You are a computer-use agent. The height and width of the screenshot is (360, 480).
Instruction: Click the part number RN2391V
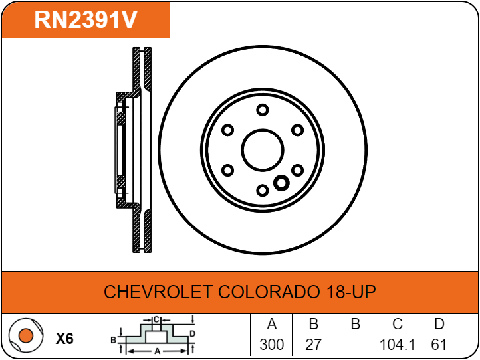point(86,19)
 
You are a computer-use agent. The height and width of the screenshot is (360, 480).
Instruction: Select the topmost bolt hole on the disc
point(263,110)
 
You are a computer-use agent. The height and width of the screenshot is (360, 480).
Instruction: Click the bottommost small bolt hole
point(263,190)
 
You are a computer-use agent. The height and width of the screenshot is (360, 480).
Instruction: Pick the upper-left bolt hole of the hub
point(227,130)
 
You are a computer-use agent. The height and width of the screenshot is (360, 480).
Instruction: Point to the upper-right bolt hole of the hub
point(297,130)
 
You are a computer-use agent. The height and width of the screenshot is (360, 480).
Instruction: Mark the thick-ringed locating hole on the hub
point(281,183)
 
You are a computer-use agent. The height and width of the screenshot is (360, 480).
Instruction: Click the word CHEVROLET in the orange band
point(158,292)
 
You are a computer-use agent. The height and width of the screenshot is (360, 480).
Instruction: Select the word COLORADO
point(267,292)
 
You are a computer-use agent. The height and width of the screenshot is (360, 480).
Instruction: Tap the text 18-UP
point(349,292)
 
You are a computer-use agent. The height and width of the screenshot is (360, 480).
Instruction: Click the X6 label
point(64,339)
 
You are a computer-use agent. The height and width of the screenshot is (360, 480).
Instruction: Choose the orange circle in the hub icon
point(26,335)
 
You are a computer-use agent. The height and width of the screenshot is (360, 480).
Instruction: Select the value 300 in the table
point(271,345)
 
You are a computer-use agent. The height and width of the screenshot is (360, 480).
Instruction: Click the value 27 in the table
point(313,345)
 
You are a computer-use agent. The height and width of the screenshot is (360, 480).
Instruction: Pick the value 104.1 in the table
point(397,345)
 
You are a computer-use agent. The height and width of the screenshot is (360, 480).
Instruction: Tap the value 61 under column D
point(439,345)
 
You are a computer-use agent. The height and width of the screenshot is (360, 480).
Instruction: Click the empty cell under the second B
point(355,345)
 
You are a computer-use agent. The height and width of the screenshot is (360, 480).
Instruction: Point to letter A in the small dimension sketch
point(158,351)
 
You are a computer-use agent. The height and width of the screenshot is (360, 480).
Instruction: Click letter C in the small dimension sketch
point(156,320)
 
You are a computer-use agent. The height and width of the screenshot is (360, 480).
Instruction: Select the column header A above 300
point(271,324)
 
